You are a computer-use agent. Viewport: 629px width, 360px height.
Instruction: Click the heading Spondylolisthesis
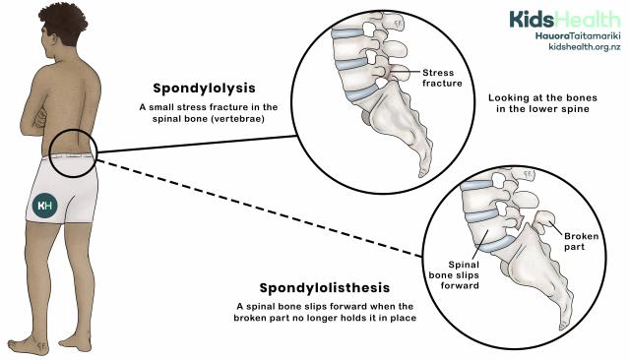325,288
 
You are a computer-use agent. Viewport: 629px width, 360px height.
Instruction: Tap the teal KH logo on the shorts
45,205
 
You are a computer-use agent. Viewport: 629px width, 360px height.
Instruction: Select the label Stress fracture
443,79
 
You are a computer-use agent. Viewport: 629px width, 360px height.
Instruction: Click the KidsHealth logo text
564,19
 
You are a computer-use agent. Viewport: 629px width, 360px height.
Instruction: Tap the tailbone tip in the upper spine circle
424,171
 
